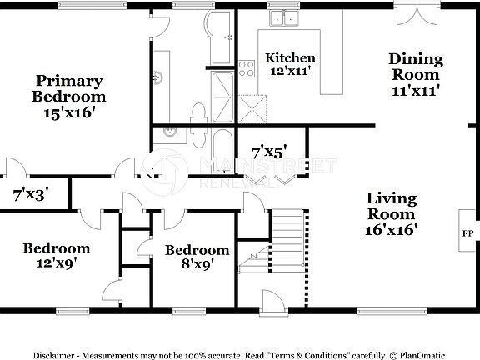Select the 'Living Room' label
tap(392, 212)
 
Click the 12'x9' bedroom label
tap(56, 256)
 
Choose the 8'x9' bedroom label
tap(196, 257)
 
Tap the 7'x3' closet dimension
tap(30, 196)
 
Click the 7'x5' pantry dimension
tap(269, 152)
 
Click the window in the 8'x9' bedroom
tap(189, 311)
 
